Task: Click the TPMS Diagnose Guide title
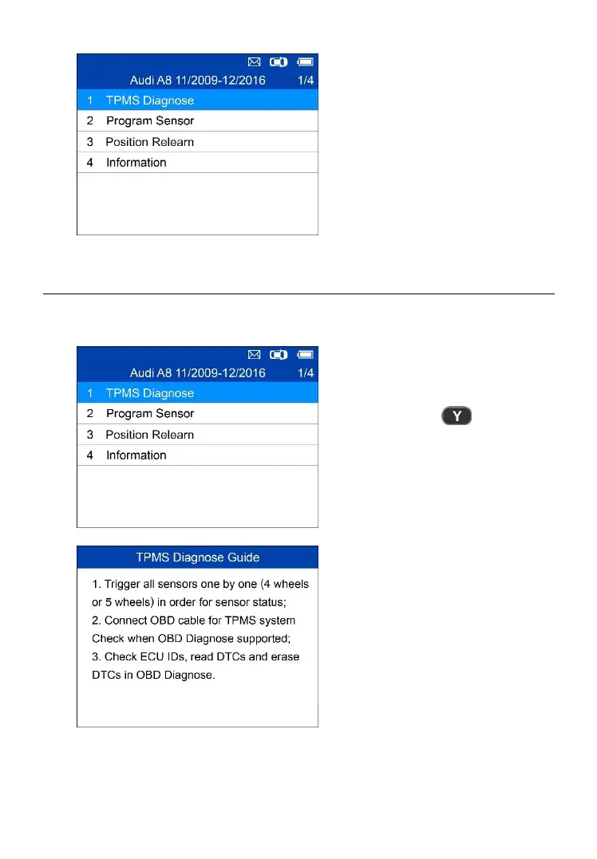pyautogui.click(x=196, y=557)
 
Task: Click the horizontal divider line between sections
pyautogui.click(x=298, y=294)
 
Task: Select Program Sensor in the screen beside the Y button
pyautogui.click(x=150, y=414)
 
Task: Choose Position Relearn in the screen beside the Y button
pyautogui.click(x=150, y=435)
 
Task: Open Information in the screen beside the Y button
pyautogui.click(x=136, y=455)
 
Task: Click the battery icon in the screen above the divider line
pyautogui.click(x=306, y=61)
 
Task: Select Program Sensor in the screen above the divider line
pyautogui.click(x=150, y=121)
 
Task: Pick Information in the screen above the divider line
pyautogui.click(x=136, y=163)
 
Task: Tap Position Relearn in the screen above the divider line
pyautogui.click(x=150, y=142)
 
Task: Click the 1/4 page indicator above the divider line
pyautogui.click(x=306, y=81)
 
